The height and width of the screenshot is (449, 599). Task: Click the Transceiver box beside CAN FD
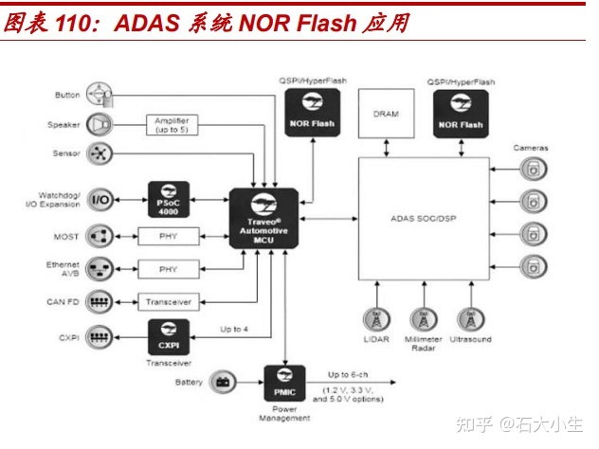pyautogui.click(x=168, y=301)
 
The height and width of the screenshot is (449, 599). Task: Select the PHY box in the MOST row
pyautogui.click(x=168, y=236)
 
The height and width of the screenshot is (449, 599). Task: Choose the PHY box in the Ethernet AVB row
pyautogui.click(x=168, y=269)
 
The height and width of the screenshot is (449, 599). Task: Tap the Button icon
pyautogui.click(x=99, y=95)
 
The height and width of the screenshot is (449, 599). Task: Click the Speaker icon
pyautogui.click(x=99, y=124)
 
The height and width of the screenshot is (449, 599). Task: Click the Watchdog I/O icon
pyautogui.click(x=100, y=200)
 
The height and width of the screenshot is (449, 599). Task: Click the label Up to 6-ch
pyautogui.click(x=351, y=376)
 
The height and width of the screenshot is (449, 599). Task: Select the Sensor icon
pyautogui.click(x=99, y=154)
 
